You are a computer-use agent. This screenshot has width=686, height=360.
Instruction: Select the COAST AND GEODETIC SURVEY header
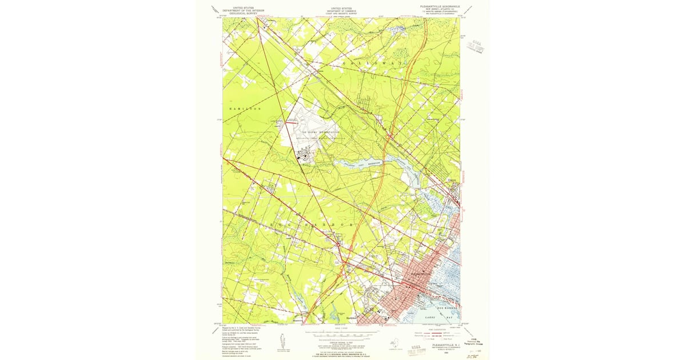(341, 14)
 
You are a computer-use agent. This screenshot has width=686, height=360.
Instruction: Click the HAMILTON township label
(244, 109)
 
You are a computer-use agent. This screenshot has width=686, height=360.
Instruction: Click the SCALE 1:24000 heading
(341, 327)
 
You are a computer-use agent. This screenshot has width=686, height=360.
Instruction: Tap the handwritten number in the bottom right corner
(472, 355)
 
